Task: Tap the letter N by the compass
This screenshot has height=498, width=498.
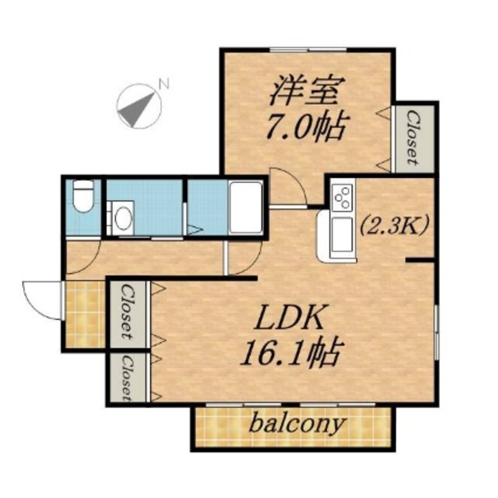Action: click(163, 84)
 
